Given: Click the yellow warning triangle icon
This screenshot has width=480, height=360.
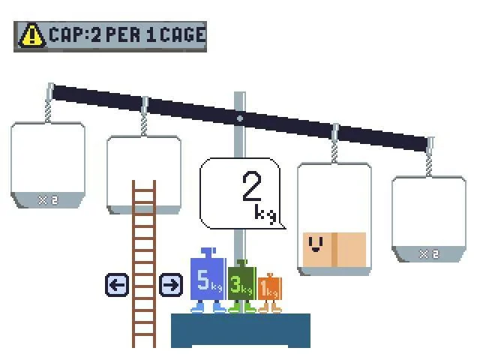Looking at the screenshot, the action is (31, 36).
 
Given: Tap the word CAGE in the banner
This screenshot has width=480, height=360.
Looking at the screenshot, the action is (183, 34).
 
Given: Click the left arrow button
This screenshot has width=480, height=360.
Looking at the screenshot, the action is (117, 285).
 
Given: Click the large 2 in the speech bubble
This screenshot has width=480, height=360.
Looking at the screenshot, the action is (252, 187).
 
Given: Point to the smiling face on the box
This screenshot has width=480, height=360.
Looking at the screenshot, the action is (316, 244).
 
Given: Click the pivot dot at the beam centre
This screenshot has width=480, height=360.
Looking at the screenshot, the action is (240, 118).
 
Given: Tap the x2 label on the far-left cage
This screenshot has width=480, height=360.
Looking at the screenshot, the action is (48, 200).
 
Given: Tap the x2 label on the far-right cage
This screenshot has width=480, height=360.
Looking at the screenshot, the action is (429, 254).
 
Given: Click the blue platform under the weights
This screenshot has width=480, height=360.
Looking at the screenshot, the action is (241, 330).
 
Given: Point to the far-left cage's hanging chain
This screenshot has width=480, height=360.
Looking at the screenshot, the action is (48, 110).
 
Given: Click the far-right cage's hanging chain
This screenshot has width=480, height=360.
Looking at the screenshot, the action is (429, 164).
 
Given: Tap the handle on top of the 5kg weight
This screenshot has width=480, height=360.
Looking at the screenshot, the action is (208, 253).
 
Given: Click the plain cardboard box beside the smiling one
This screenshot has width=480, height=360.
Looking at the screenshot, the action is (351, 250).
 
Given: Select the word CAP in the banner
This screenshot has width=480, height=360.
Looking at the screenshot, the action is (66, 34).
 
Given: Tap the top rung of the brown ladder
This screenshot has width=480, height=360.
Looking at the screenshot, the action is (144, 190).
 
